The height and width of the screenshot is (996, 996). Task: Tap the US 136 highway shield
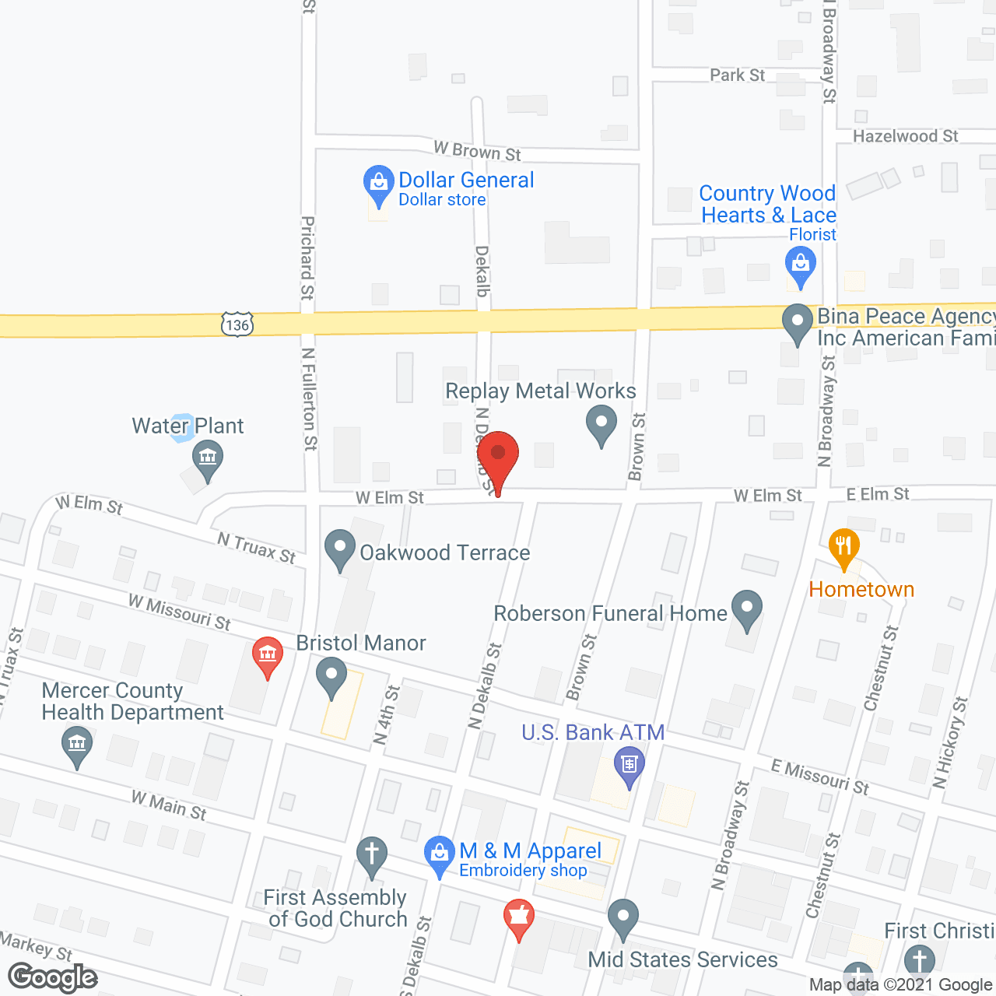coord(237,324)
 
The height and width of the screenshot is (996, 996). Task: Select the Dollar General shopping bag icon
coord(379,184)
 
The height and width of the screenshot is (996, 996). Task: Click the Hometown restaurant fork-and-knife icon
coord(843,546)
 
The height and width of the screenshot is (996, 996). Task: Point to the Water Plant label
coord(188,426)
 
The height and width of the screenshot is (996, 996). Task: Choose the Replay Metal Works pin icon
coord(601,426)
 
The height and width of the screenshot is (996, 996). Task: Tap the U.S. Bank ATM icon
coord(629,764)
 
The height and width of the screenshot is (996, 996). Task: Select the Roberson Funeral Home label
coord(610,613)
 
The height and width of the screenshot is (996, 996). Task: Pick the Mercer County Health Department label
coord(132,701)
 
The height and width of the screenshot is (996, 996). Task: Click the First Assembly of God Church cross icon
coord(372,854)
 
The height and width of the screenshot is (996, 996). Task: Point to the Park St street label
coord(737,75)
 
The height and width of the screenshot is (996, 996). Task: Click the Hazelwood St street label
coord(905,136)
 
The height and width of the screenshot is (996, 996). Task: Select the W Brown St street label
coord(477,151)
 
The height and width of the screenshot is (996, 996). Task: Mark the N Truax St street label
coord(256,548)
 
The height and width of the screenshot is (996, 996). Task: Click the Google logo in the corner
coord(53,977)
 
